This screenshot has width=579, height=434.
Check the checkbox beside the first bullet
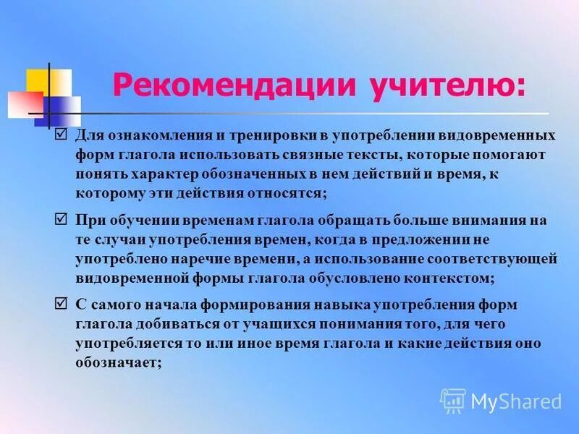pyautogui.click(x=61, y=135)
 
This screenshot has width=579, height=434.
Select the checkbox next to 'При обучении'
pyautogui.click(x=61, y=219)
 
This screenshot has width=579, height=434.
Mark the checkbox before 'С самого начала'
pyautogui.click(x=61, y=303)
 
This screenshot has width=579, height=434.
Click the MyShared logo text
pyautogui.click(x=516, y=401)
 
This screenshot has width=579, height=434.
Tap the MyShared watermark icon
pyautogui.click(x=453, y=401)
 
